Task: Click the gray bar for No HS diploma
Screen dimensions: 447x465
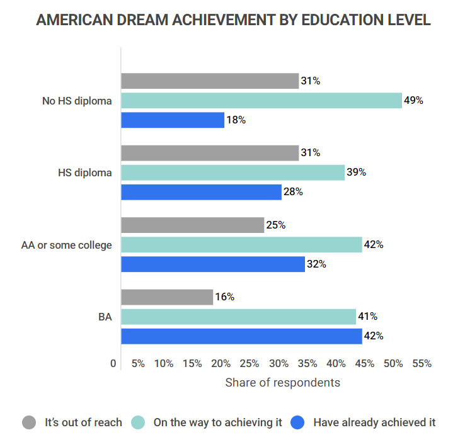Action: tap(209, 81)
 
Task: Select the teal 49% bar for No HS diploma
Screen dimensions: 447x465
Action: tap(261, 100)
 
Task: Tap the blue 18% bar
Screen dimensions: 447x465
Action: tap(172, 120)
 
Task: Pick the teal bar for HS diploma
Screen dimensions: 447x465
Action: tap(233, 173)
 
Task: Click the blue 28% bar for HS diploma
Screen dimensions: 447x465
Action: tap(201, 192)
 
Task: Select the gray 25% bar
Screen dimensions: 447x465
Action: tap(192, 225)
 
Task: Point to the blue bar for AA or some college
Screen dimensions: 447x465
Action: tap(212, 264)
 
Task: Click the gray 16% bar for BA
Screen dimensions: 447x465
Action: tap(166, 297)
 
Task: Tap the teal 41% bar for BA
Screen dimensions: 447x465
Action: tap(238, 317)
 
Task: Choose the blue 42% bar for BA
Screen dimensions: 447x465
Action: tap(241, 336)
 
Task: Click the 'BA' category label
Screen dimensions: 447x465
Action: tap(105, 317)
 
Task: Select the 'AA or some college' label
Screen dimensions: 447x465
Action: tap(67, 245)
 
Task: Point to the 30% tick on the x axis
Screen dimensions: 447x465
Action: tap(278, 364)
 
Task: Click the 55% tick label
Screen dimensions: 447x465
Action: tap(422, 364)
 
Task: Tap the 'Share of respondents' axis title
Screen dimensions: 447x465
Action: tap(282, 382)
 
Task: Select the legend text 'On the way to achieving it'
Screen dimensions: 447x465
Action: tap(217, 422)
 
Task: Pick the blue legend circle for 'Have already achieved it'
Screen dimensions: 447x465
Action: tap(297, 422)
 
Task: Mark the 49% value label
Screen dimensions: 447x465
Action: tap(413, 100)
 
